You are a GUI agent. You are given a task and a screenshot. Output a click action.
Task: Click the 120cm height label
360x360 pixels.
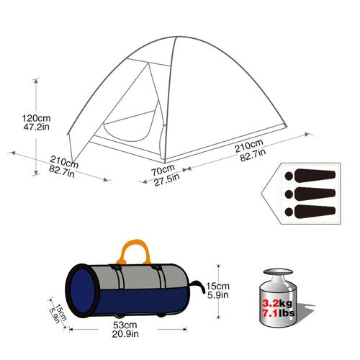(x=37, y=118)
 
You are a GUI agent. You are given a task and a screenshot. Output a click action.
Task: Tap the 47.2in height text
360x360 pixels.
(x=36, y=127)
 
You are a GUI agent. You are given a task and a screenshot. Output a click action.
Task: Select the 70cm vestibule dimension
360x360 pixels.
(x=163, y=170)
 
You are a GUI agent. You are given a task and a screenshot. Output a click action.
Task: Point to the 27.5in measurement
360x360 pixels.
(x=166, y=180)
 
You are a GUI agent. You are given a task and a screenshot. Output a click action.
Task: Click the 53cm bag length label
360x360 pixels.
(x=125, y=325)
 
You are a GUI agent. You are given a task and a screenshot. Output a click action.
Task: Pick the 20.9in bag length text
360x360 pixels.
(x=125, y=334)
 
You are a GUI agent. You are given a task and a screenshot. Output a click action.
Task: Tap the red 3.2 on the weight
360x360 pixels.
(x=271, y=304)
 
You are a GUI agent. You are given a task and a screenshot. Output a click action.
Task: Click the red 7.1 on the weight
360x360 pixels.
(x=271, y=313)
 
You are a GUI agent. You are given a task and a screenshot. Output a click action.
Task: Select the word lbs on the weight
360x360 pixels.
(x=287, y=313)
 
